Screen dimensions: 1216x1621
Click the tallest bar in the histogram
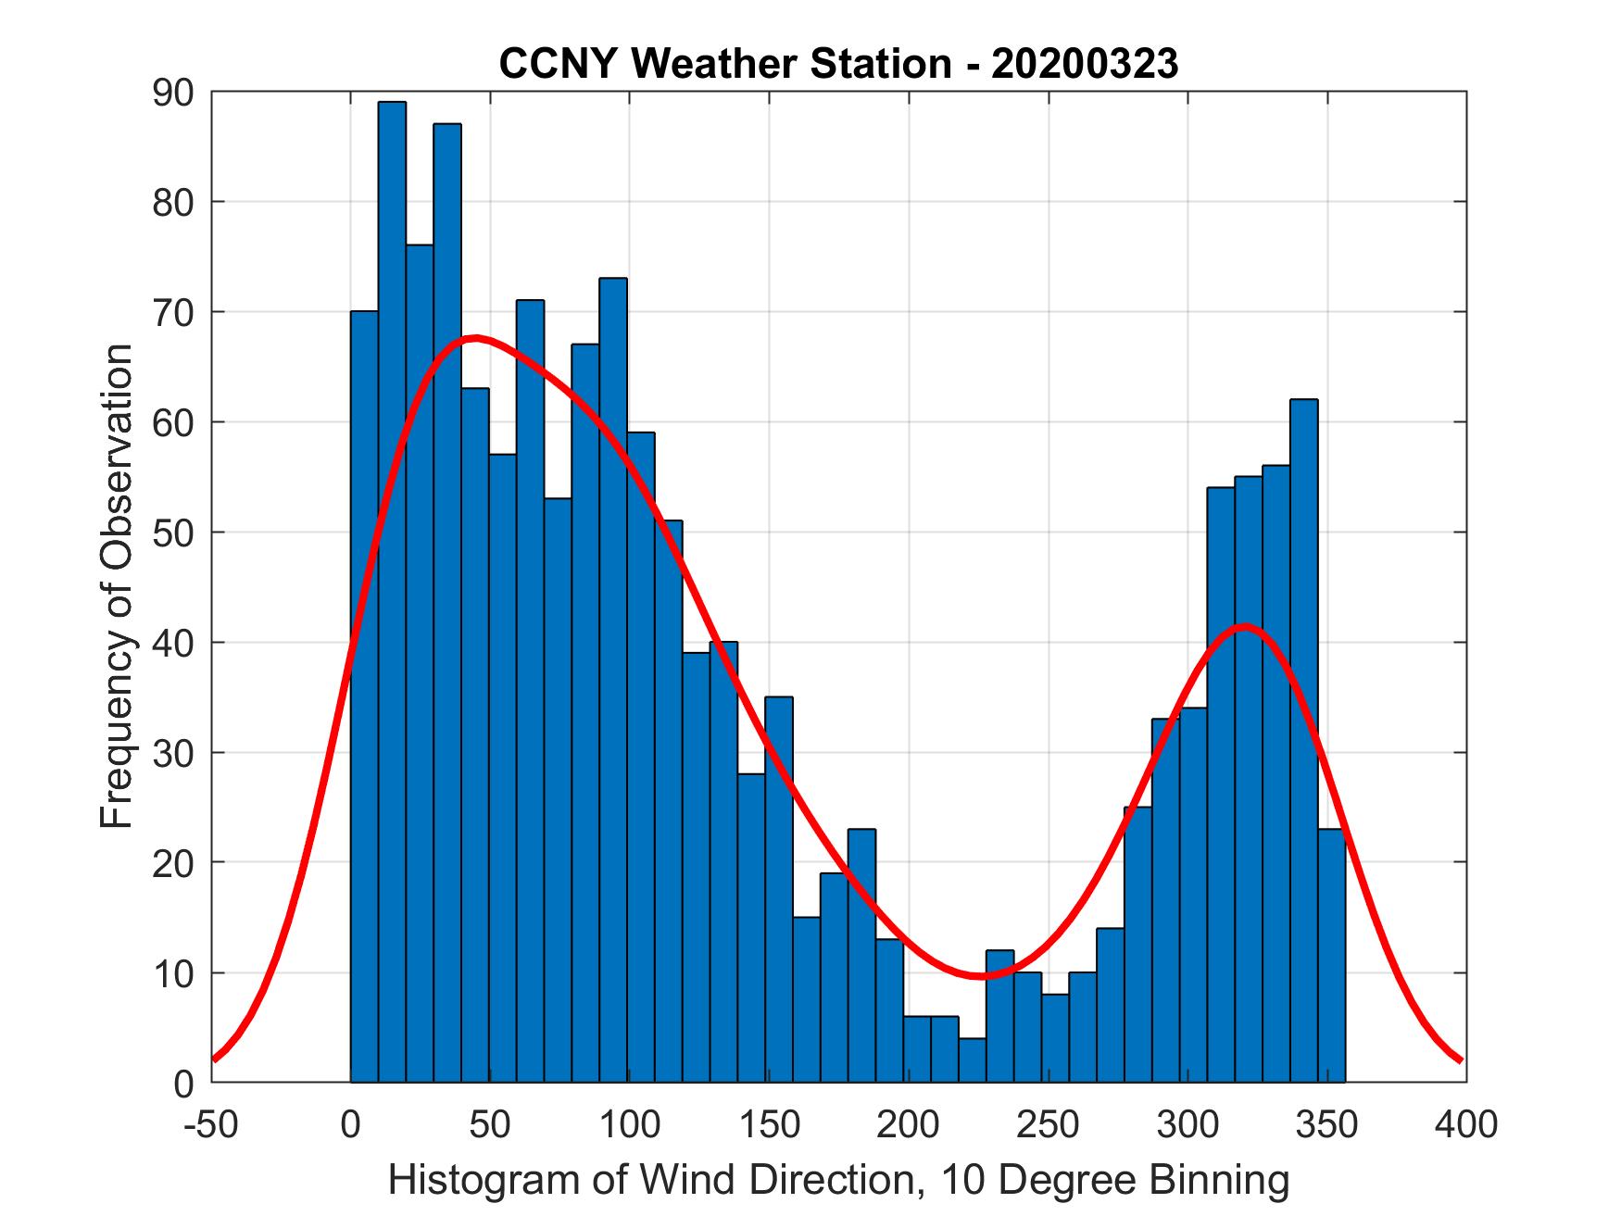(x=392, y=593)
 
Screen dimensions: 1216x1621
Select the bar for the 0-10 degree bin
(x=364, y=695)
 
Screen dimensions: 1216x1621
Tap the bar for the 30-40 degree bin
(x=447, y=602)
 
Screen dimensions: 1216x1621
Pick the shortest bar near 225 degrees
(x=972, y=1060)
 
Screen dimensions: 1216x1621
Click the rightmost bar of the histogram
(x=1331, y=954)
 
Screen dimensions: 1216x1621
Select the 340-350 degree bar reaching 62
(x=1303, y=741)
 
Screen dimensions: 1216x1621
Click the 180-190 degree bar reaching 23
(x=861, y=954)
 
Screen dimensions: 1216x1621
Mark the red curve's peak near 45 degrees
(x=475, y=338)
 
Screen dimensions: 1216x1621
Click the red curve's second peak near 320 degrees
(x=1243, y=626)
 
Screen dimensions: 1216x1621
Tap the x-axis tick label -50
(x=211, y=1124)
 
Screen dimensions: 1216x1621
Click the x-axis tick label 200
(x=909, y=1124)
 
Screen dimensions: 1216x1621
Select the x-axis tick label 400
(x=1466, y=1124)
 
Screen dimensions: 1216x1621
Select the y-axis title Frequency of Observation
(x=118, y=586)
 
